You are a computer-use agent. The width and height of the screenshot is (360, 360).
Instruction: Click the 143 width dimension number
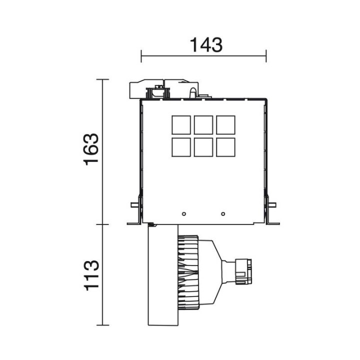pyautogui.click(x=206, y=45)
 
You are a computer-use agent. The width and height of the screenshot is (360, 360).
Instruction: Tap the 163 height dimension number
pyautogui.click(x=91, y=149)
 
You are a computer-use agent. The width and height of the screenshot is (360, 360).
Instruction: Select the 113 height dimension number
pyautogui.click(x=91, y=275)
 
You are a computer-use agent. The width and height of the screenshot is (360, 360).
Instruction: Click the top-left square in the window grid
pyautogui.click(x=181, y=125)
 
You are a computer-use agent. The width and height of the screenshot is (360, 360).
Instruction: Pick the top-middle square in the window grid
pyautogui.click(x=203, y=125)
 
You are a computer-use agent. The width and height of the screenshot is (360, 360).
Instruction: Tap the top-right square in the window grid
pyautogui.click(x=225, y=125)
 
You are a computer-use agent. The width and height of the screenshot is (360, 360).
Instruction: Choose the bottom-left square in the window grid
pyautogui.click(x=181, y=147)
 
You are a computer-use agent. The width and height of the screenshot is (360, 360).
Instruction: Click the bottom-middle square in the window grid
pyautogui.click(x=203, y=147)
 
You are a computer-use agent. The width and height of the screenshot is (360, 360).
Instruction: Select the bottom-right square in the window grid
pyautogui.click(x=225, y=147)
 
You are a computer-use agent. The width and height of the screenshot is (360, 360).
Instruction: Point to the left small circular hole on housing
pyautogui.click(x=183, y=214)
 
